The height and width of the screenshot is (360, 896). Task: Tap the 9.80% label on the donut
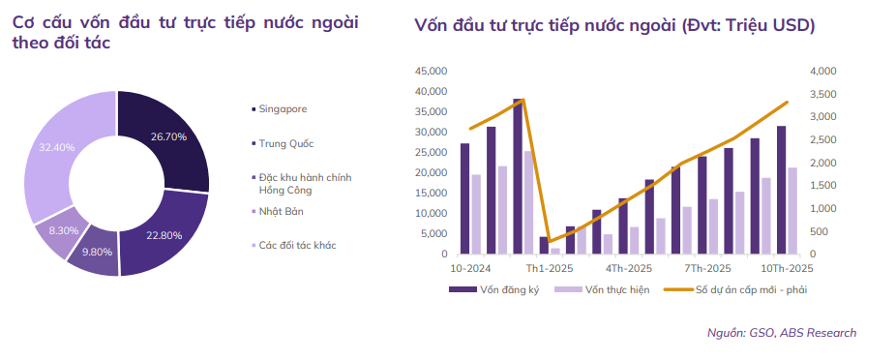(x=96, y=252)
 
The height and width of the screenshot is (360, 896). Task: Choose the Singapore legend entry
(x=283, y=109)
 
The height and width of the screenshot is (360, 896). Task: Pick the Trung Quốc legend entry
(x=286, y=143)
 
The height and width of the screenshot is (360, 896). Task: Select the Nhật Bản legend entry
(x=281, y=210)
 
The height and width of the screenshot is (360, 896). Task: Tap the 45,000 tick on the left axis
(x=429, y=72)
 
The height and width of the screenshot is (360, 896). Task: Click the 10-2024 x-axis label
(x=469, y=267)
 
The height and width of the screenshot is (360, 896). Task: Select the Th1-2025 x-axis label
(x=544, y=267)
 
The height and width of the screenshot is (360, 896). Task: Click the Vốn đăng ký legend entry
(x=502, y=288)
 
